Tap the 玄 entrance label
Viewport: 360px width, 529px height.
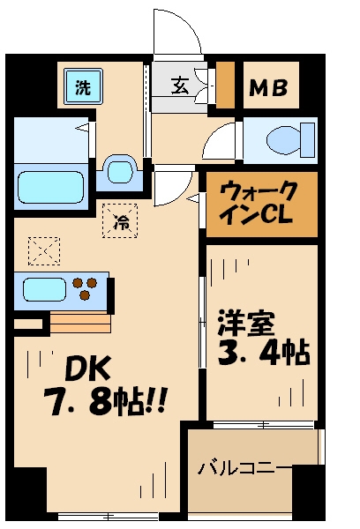click(179, 86)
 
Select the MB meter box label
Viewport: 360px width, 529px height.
click(272, 88)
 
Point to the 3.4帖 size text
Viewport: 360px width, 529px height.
click(261, 354)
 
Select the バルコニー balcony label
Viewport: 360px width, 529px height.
click(240, 466)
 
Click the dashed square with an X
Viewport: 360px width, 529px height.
click(42, 250)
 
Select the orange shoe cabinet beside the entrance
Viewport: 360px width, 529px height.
click(226, 85)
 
